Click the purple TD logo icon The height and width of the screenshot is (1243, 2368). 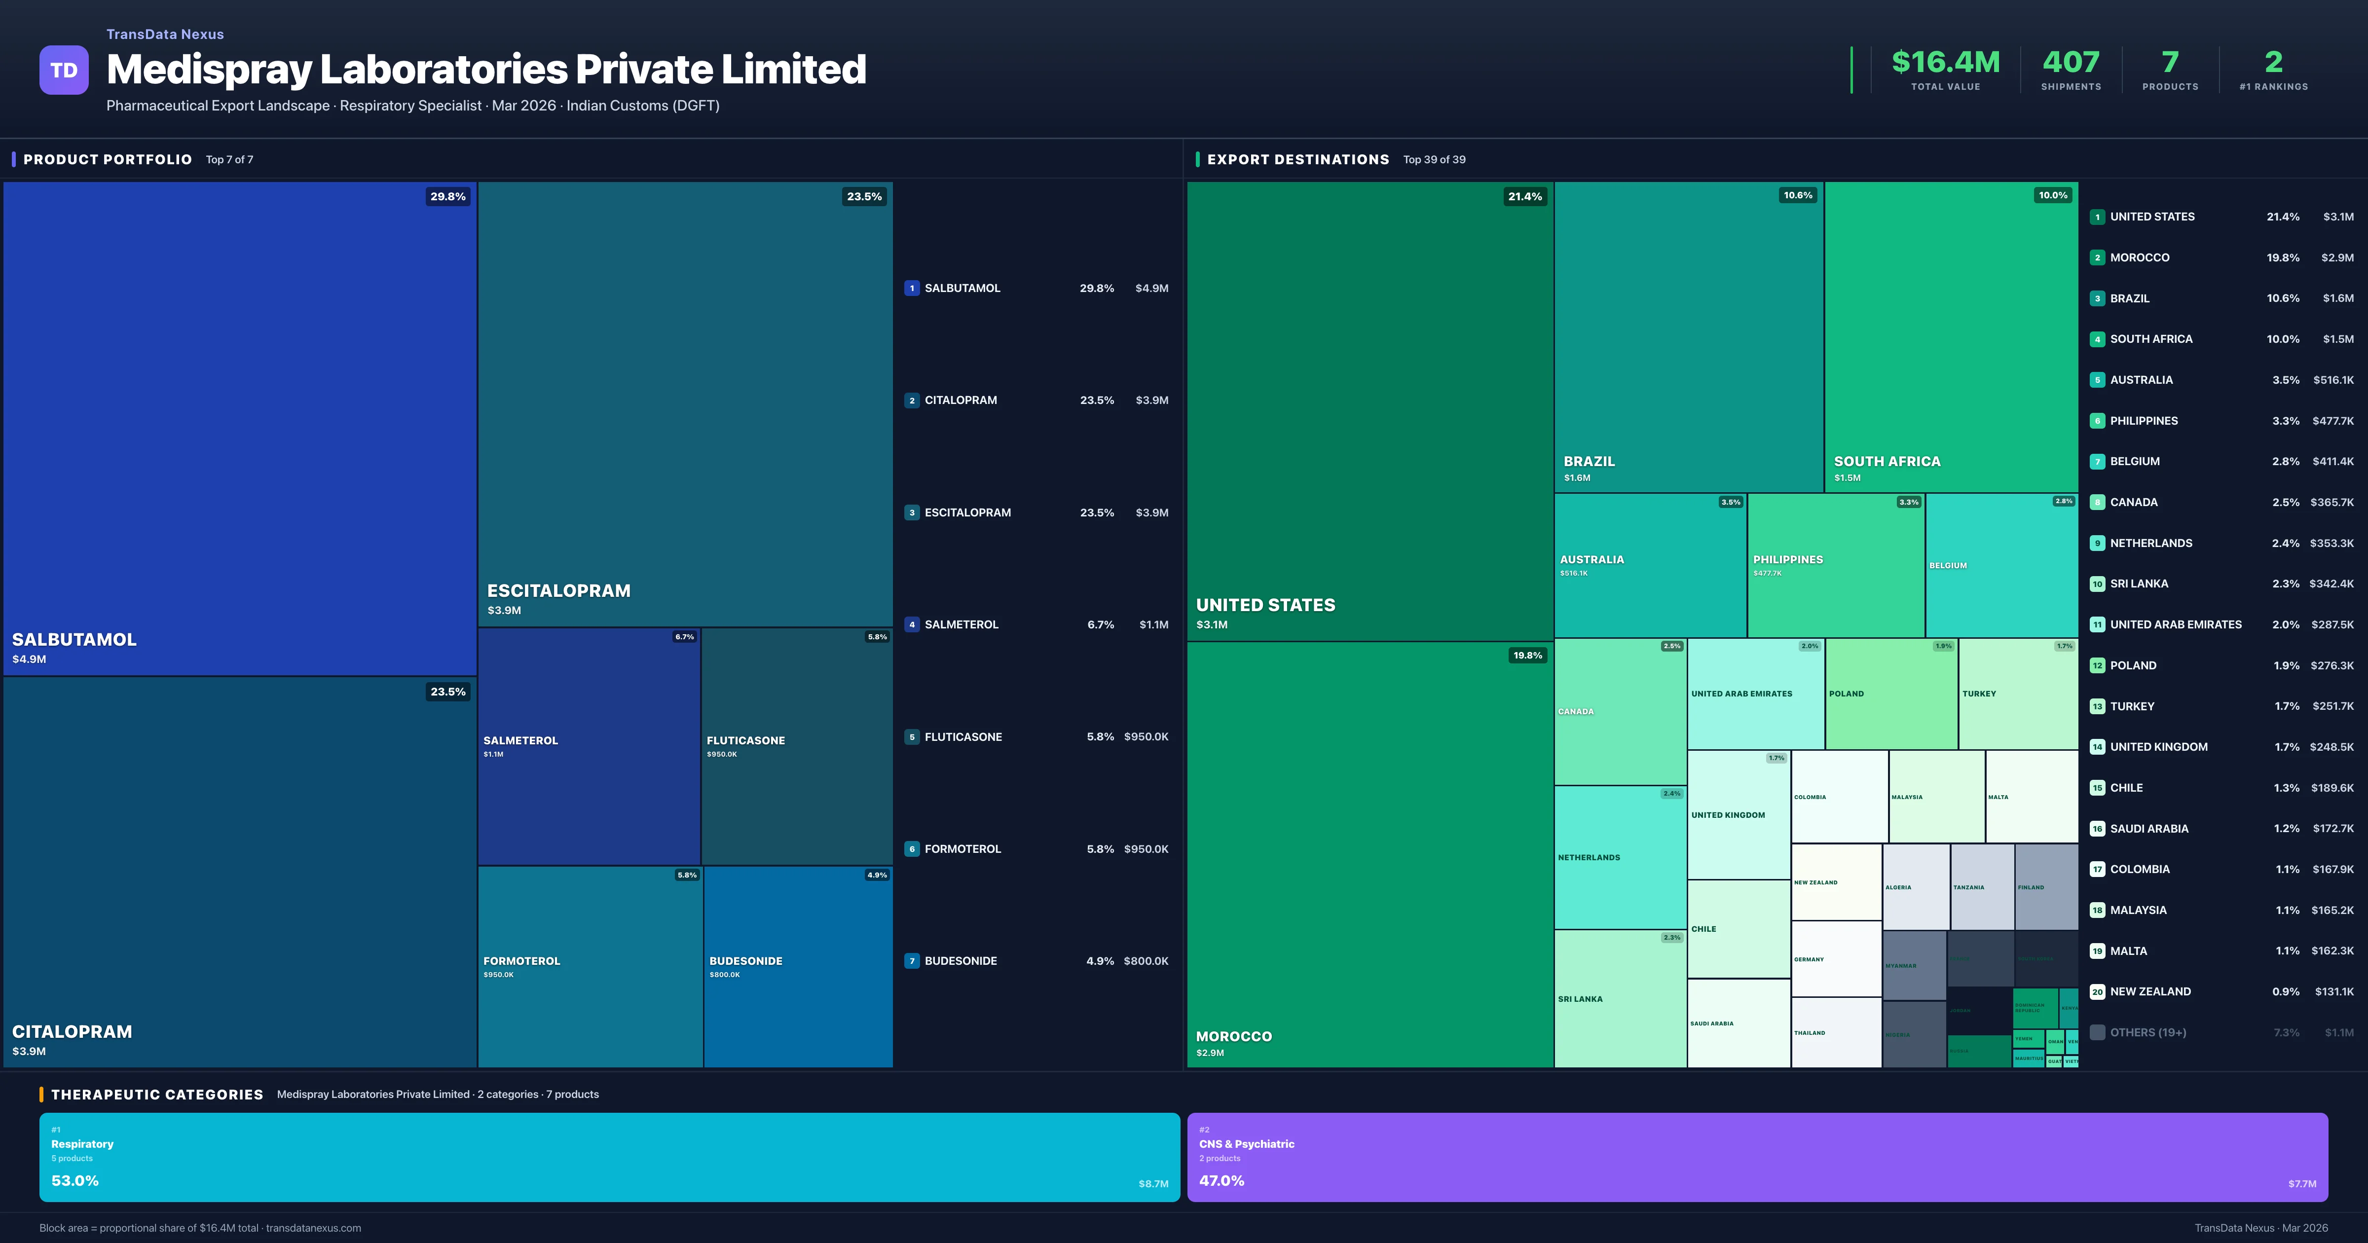click(64, 70)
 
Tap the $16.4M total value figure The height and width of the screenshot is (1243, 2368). click(1945, 63)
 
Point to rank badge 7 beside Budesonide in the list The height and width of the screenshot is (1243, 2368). click(912, 961)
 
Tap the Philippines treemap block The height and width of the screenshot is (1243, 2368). click(1835, 564)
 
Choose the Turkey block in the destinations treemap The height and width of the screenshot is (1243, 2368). click(2018, 694)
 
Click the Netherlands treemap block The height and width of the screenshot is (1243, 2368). click(1620, 857)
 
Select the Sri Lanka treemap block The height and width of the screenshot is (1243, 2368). click(1620, 998)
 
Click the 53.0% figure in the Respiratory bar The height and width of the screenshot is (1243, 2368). click(75, 1180)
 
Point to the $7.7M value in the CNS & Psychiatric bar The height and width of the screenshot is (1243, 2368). click(2302, 1184)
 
